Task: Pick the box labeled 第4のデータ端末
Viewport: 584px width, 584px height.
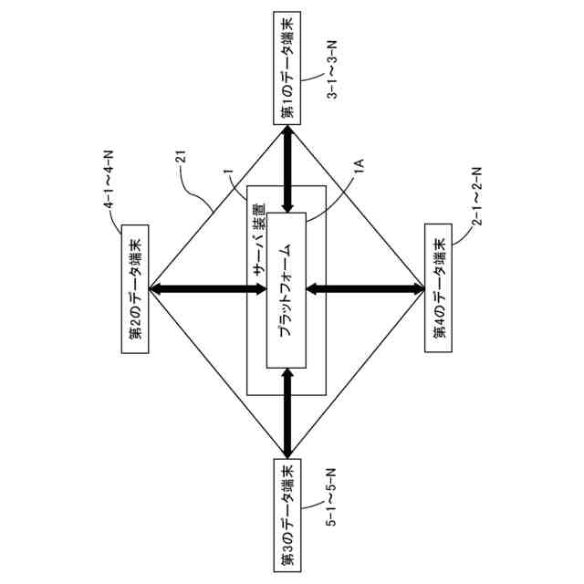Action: [441, 289]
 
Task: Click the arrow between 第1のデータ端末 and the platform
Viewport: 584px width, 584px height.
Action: [288, 170]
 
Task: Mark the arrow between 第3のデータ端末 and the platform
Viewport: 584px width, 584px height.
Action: [288, 411]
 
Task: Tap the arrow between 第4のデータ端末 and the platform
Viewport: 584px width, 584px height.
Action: [365, 290]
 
